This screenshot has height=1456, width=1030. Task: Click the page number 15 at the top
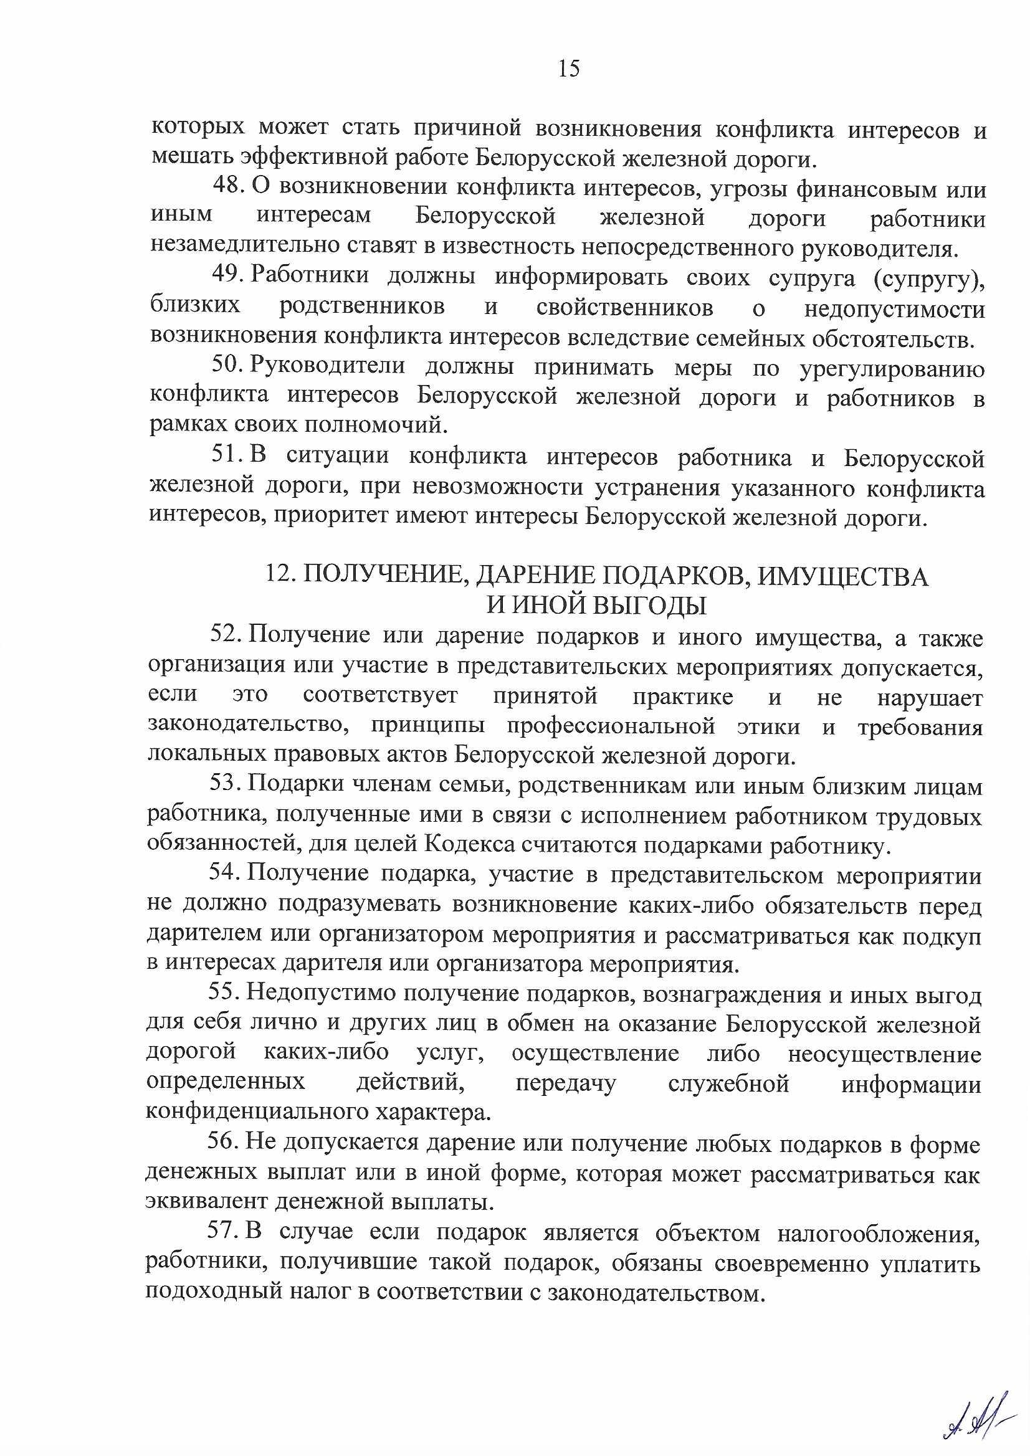click(x=569, y=69)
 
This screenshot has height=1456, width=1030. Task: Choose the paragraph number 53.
click(x=225, y=786)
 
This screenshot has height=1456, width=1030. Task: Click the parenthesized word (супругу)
click(x=929, y=278)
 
